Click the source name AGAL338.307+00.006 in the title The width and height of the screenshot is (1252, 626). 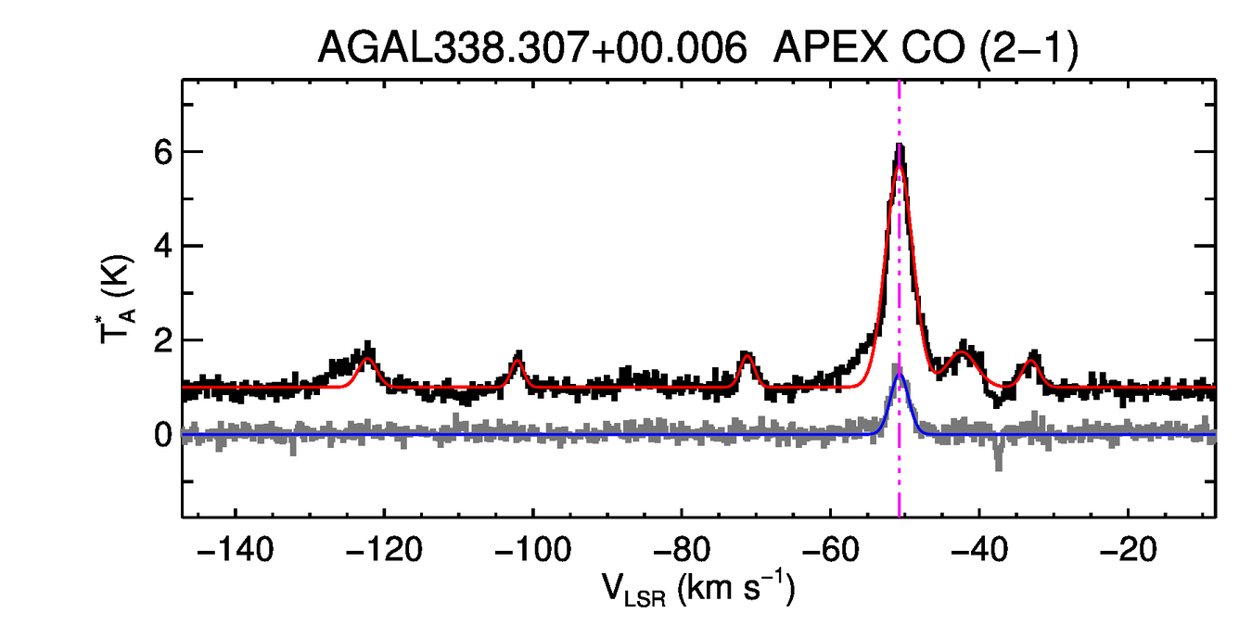532,48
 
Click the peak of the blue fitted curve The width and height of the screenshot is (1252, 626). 899,375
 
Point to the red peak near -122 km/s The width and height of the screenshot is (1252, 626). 367,358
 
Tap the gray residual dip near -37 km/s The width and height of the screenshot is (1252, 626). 999,464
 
